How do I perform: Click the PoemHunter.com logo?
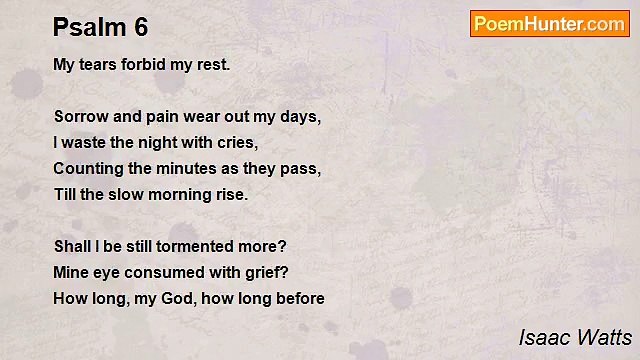[x=549, y=24]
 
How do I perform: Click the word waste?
[x=85, y=142]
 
